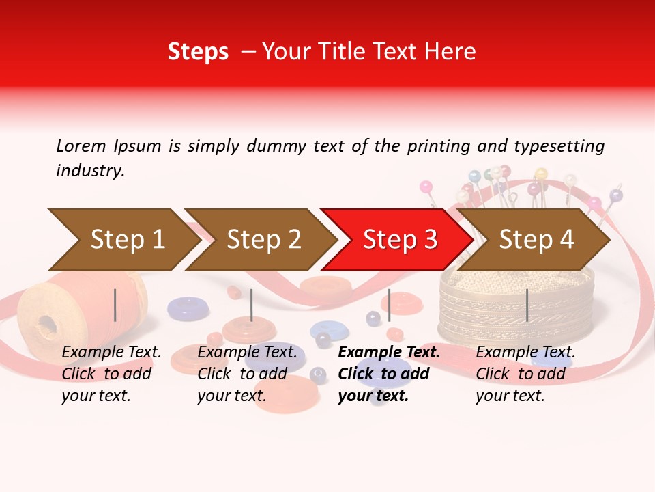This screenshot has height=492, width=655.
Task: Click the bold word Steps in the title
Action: pos(198,52)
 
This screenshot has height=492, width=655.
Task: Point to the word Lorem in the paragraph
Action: pos(81,146)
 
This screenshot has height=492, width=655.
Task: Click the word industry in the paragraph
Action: pos(90,171)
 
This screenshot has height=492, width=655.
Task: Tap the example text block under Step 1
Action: pos(111,374)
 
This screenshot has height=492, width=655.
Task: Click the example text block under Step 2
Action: pos(247,374)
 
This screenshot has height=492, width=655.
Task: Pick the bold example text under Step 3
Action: pos(389,374)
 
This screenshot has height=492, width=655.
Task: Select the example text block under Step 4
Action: pos(525,374)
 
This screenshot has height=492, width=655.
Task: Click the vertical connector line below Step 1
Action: pos(115,305)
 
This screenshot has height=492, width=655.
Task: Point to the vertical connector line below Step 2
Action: pos(252,305)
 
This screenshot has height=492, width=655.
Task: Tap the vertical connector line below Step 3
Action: pos(390,305)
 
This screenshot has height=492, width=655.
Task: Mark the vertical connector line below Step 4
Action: pos(527,305)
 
